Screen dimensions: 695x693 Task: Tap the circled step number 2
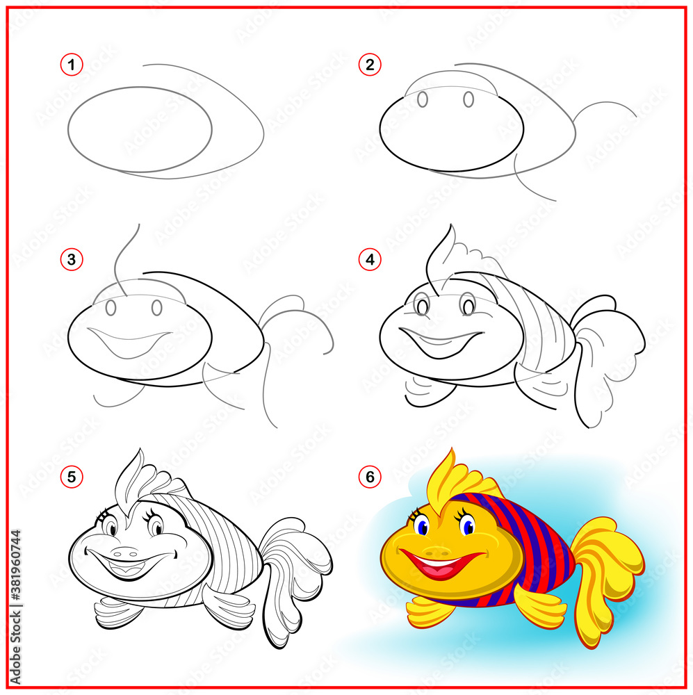tap(370, 65)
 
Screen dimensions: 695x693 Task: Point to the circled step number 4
tap(370, 260)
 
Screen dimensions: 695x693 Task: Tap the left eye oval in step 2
tap(423, 100)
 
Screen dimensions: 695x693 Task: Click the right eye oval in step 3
tap(157, 307)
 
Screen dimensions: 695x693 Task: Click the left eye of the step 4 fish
tap(422, 304)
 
